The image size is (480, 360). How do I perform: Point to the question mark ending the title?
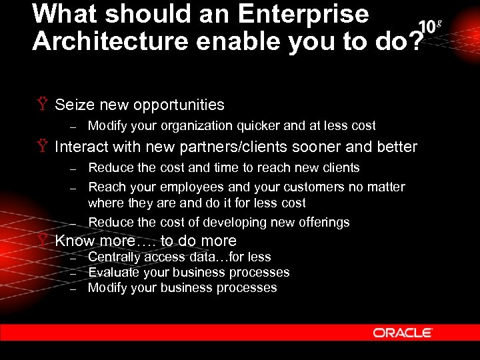click(x=415, y=41)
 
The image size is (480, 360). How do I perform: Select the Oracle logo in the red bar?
click(x=403, y=332)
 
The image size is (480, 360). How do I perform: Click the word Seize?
click(x=73, y=105)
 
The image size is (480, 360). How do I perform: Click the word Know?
click(x=75, y=241)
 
